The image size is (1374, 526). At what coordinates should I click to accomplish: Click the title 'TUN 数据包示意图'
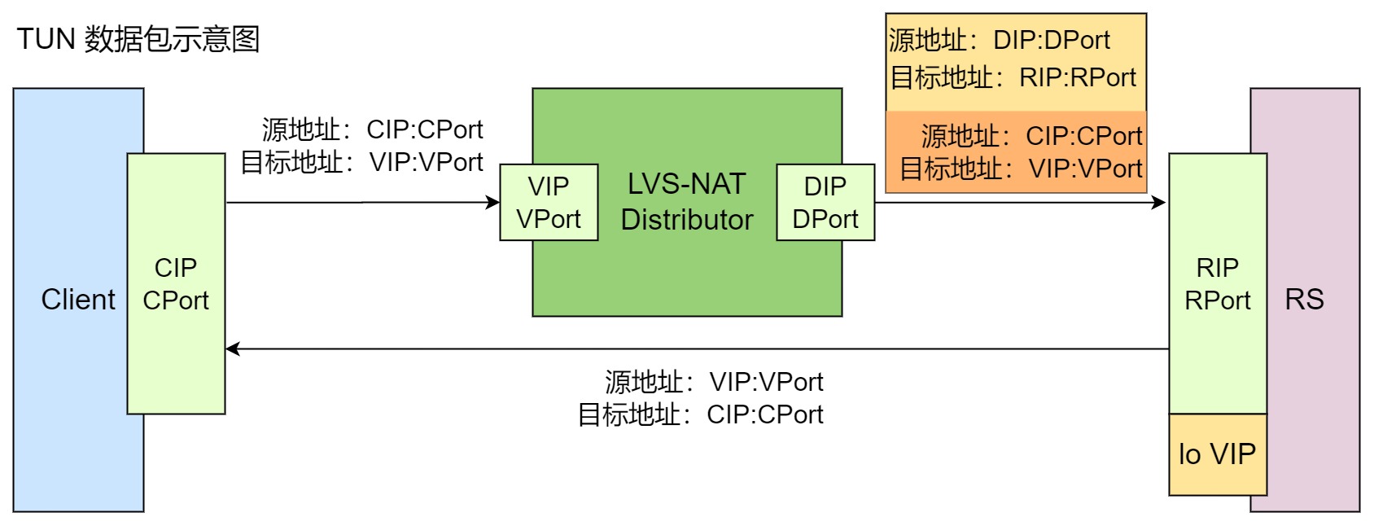click(x=138, y=39)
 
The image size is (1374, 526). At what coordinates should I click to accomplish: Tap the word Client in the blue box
click(x=78, y=300)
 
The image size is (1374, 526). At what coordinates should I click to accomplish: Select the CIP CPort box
click(x=176, y=283)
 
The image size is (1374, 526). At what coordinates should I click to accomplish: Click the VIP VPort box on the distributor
click(x=549, y=203)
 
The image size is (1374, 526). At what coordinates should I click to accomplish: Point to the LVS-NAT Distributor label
click(x=686, y=202)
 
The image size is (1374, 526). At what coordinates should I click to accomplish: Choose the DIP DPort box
click(x=825, y=203)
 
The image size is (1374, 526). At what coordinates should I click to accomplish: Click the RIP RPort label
click(x=1217, y=283)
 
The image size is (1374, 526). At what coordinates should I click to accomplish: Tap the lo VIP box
click(x=1217, y=454)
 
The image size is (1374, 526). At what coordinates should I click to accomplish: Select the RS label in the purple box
click(x=1304, y=300)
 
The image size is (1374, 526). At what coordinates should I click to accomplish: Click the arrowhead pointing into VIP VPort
click(x=493, y=202)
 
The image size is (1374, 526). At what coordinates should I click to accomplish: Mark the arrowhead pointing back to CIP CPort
click(x=233, y=348)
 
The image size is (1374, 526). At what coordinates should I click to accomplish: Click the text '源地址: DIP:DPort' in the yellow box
click(x=1000, y=40)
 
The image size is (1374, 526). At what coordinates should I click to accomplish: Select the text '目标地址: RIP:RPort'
click(x=1013, y=77)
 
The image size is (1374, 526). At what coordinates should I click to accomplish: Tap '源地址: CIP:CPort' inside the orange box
click(x=1031, y=135)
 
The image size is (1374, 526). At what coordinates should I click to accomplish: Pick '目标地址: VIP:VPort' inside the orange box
click(x=1021, y=169)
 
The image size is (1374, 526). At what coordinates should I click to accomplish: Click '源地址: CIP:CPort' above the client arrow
click(x=372, y=129)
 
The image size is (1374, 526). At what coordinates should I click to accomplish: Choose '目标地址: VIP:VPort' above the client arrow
click(x=361, y=162)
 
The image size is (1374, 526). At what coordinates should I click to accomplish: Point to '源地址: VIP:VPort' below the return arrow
click(x=714, y=381)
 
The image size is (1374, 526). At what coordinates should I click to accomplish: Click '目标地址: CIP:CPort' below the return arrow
click(x=700, y=414)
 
